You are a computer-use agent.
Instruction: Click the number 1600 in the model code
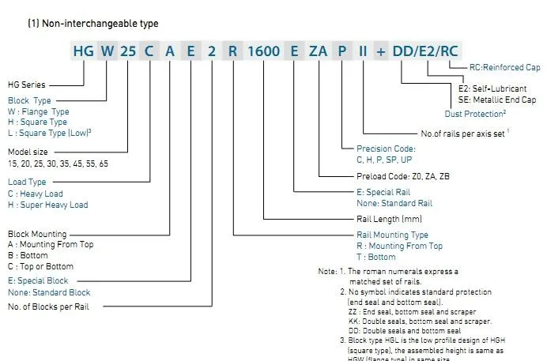click(x=263, y=51)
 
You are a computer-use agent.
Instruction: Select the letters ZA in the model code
click(x=318, y=51)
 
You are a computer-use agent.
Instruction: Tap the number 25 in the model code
click(x=129, y=51)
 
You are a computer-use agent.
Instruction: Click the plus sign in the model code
click(x=381, y=51)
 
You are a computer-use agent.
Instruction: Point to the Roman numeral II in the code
click(x=363, y=51)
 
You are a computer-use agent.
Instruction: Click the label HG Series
click(x=26, y=85)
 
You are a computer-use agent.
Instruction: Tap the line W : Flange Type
click(x=39, y=111)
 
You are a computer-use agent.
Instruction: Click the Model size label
click(x=28, y=152)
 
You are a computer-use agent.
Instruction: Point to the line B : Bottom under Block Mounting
click(x=28, y=255)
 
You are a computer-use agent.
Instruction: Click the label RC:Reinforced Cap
click(x=503, y=69)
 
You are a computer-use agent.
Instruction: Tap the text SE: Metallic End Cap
click(x=496, y=100)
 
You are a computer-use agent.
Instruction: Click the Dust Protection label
click(x=476, y=113)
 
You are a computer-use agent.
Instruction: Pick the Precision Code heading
click(x=386, y=149)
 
